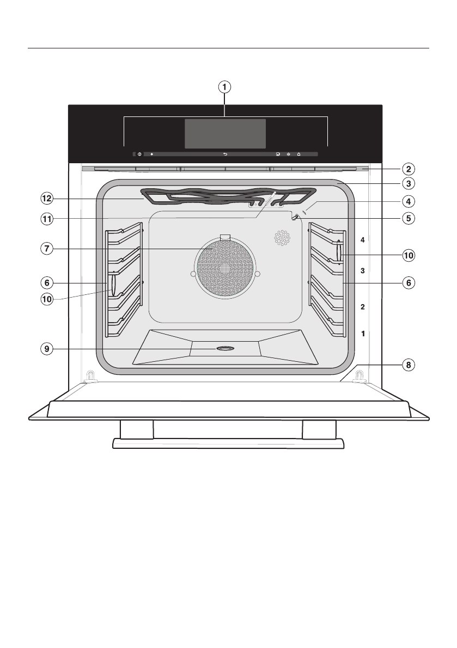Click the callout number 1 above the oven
click(x=224, y=86)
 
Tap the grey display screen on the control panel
click(x=225, y=133)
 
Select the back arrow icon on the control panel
click(x=225, y=155)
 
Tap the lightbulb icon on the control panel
click(x=288, y=155)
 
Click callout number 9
click(x=48, y=349)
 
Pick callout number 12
click(x=48, y=199)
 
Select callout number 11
click(x=48, y=219)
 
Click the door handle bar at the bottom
click(x=228, y=443)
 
